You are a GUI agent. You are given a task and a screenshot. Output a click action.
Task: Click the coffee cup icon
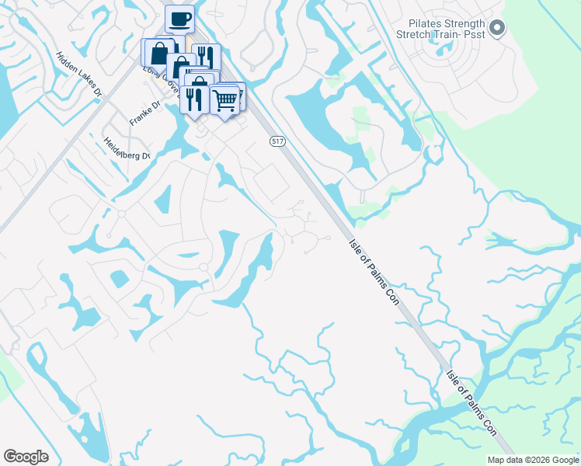point(179,19)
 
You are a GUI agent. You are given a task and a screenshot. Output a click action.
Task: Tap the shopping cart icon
point(224,99)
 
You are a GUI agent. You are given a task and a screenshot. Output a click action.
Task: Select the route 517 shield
point(278,141)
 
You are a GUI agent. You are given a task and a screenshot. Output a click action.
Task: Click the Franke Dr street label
point(144,113)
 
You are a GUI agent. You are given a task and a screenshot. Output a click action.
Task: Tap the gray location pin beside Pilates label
point(498,29)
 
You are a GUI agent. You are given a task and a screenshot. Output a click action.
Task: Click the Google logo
point(26,457)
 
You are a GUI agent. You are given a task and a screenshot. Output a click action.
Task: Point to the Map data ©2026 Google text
point(534,460)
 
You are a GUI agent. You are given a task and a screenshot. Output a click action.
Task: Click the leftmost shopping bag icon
point(158,53)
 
